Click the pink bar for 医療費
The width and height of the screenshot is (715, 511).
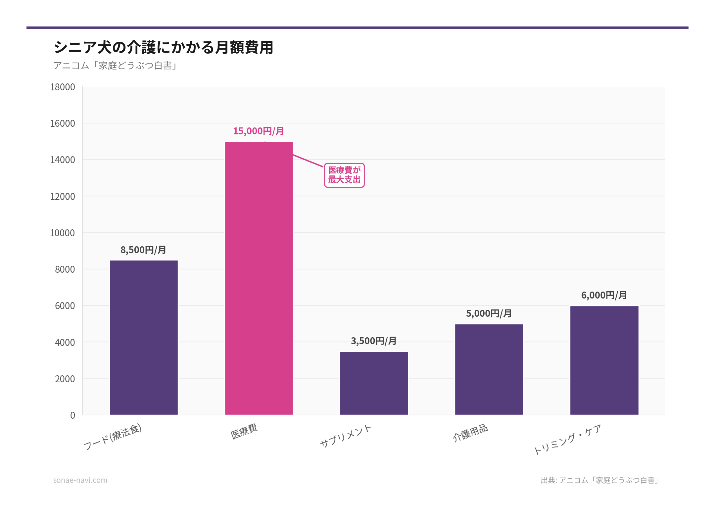pyautogui.click(x=259, y=278)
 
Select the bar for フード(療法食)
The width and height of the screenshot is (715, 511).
pyautogui.click(x=144, y=338)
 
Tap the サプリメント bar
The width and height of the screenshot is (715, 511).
pyautogui.click(x=374, y=383)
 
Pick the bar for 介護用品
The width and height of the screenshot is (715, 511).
pyautogui.click(x=489, y=369)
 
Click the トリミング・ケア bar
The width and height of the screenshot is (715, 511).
pyautogui.click(x=604, y=360)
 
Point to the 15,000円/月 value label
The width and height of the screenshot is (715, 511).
pyautogui.click(x=259, y=131)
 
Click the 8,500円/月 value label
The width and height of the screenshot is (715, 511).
pyautogui.click(x=143, y=250)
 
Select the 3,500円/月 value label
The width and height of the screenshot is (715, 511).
pyautogui.click(x=374, y=341)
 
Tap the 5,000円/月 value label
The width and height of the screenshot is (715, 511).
pyautogui.click(x=489, y=313)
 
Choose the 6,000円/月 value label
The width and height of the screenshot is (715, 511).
pyautogui.click(x=604, y=295)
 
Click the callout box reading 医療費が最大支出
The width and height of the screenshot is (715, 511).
pyautogui.click(x=344, y=175)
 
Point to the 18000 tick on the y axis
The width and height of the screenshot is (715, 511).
pyautogui.click(x=63, y=87)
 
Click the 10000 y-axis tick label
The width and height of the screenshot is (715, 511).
pyautogui.click(x=62, y=233)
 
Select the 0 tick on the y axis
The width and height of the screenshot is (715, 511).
pyautogui.click(x=72, y=415)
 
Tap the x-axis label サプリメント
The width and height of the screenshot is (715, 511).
pyautogui.click(x=345, y=436)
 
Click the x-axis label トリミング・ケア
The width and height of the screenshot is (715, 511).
pyautogui.click(x=567, y=440)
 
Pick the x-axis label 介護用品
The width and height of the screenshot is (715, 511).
pyautogui.click(x=470, y=433)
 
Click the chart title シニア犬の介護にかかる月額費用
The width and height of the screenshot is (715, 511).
pyautogui.click(x=164, y=47)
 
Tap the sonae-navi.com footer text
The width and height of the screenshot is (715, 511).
pyautogui.click(x=80, y=480)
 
